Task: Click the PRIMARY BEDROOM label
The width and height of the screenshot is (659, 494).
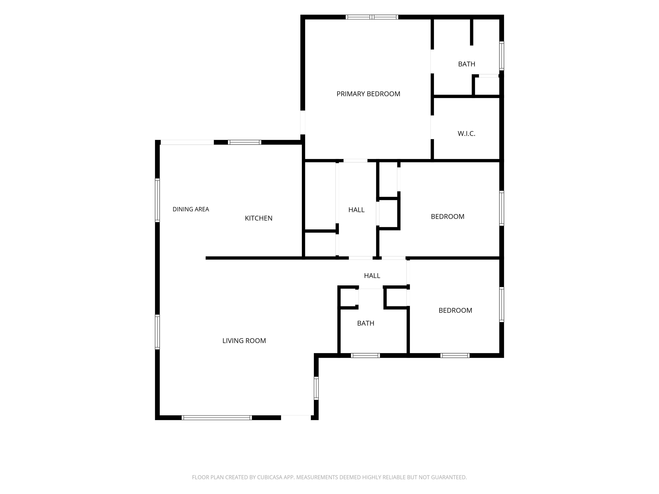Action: point(368,94)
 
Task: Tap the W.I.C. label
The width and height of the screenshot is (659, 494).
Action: point(466,134)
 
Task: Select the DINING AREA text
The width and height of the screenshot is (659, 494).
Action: point(191,209)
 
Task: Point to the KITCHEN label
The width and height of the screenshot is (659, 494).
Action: point(258,218)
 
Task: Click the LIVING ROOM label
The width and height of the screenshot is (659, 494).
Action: point(244,341)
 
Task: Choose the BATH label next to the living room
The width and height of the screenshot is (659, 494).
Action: point(366,323)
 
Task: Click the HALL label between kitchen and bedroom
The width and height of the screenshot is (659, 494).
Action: point(356,210)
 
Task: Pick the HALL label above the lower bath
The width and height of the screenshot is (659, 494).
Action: point(372,276)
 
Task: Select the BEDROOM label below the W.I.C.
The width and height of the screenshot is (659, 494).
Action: point(447,217)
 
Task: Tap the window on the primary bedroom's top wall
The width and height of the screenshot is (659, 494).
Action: point(372,17)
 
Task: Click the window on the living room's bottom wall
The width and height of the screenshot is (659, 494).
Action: point(217,418)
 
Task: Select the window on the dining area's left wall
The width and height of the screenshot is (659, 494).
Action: point(157,200)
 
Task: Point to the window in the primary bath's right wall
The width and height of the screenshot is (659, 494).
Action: point(502,56)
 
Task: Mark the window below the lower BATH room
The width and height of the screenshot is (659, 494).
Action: point(365,355)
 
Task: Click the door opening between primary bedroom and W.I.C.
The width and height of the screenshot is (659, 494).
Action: point(432,127)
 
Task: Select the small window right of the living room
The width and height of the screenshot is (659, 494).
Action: point(316,388)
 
